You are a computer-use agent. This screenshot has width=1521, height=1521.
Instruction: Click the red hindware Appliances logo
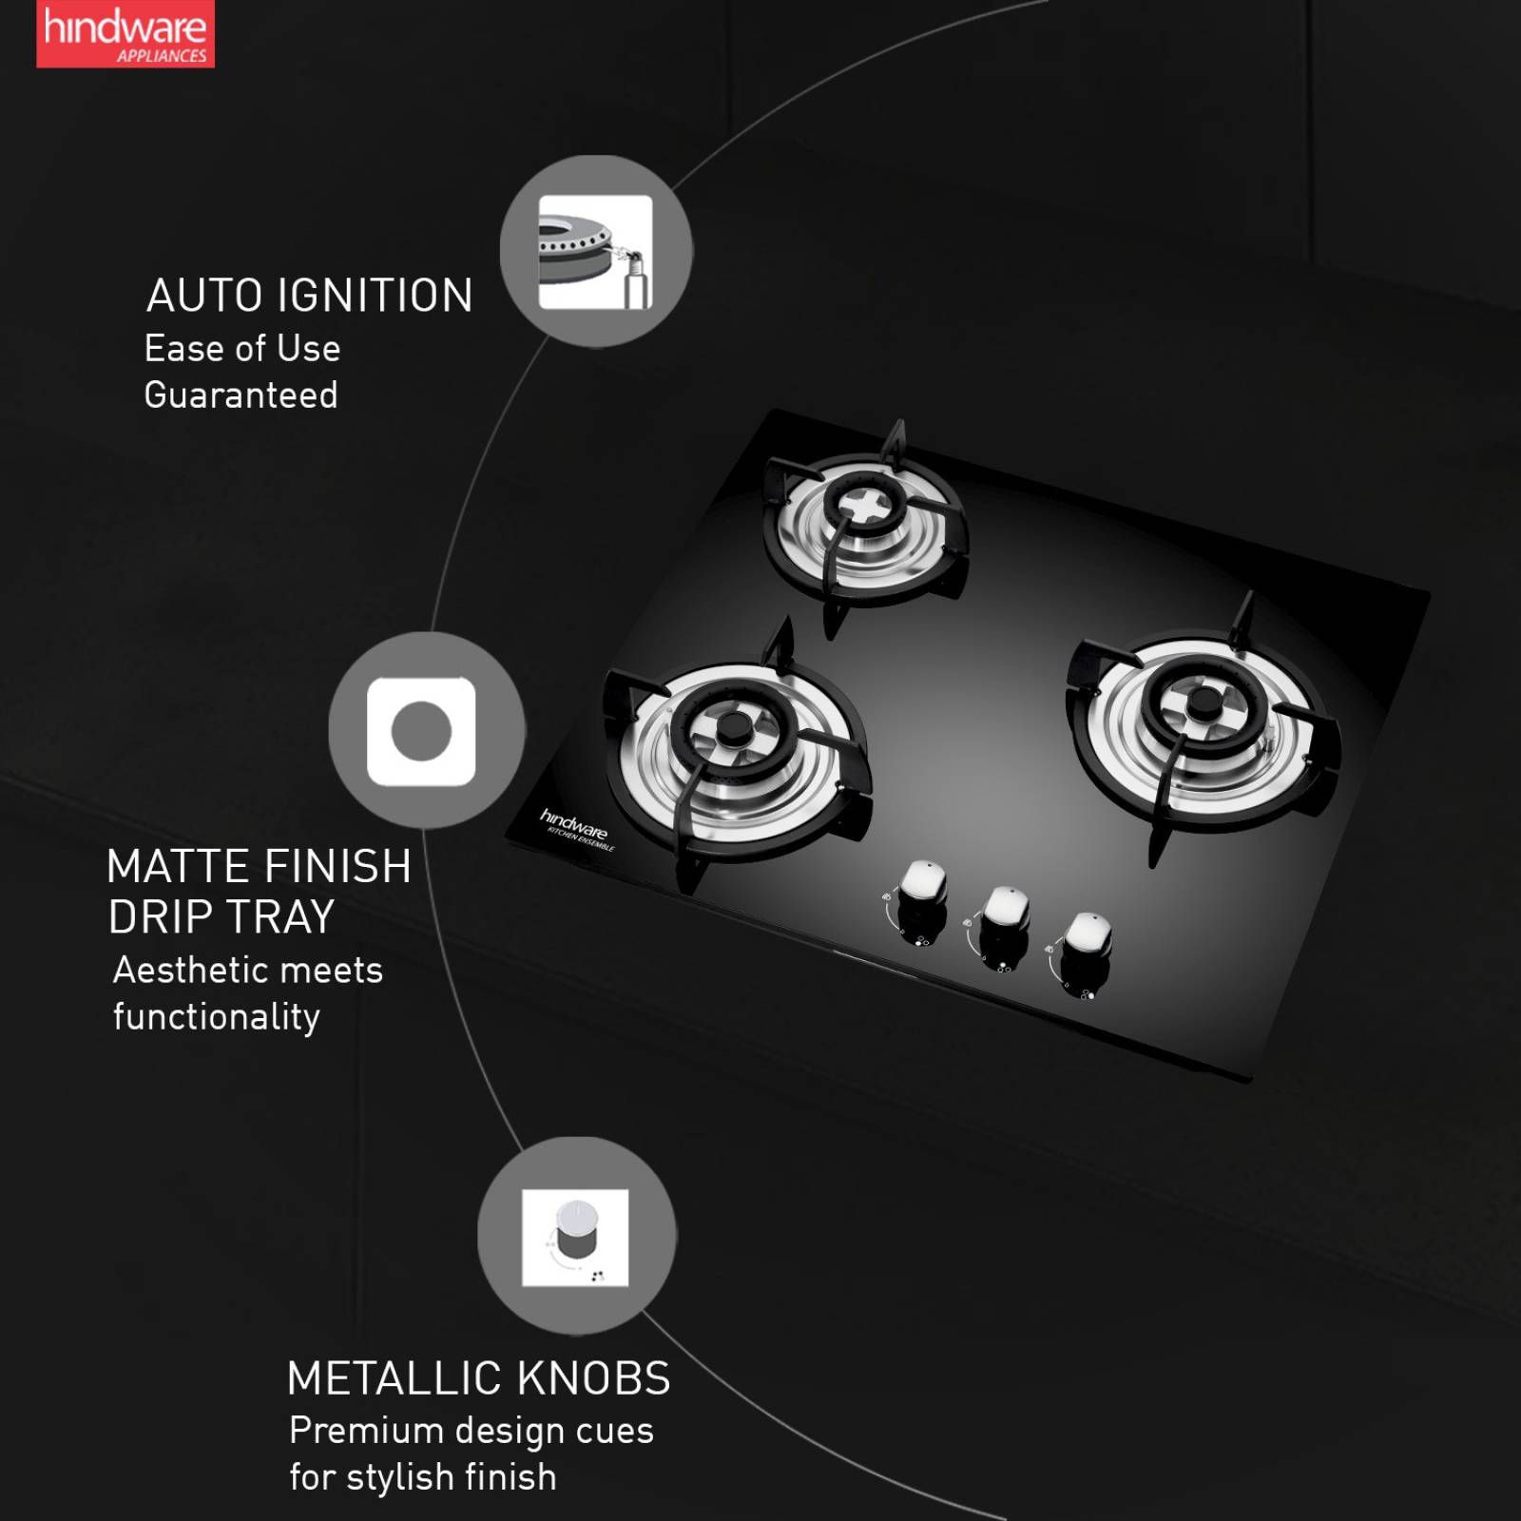click(125, 34)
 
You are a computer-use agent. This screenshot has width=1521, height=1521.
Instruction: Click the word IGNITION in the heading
click(375, 296)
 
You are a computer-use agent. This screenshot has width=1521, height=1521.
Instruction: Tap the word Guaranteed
click(241, 395)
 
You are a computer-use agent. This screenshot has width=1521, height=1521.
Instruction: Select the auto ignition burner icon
click(595, 252)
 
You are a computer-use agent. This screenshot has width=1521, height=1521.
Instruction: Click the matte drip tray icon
click(421, 731)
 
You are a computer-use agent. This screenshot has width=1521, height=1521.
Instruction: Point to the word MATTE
click(178, 867)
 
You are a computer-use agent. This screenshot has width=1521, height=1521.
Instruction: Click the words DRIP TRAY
click(221, 917)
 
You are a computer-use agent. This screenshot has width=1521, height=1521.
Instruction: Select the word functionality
click(216, 1017)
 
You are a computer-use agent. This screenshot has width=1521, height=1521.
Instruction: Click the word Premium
click(366, 1431)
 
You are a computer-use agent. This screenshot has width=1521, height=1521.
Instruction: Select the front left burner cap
click(733, 730)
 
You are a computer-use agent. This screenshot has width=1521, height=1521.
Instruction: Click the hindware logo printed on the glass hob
click(574, 825)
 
